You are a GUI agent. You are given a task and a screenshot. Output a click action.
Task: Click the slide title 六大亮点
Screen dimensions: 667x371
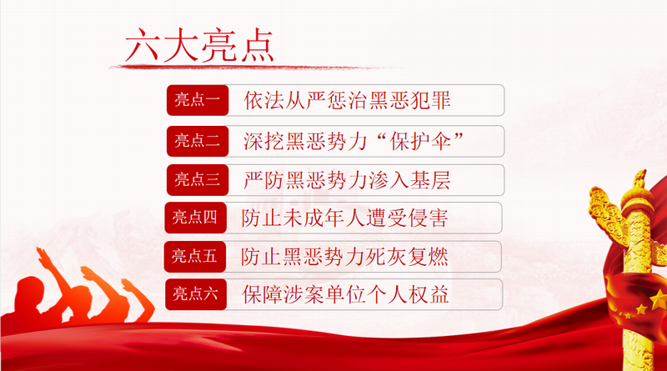[x=199, y=45]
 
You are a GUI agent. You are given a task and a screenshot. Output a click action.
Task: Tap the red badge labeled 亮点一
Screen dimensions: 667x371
[x=198, y=100]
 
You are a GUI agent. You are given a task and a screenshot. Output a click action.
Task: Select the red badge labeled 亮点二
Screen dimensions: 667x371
[x=198, y=141]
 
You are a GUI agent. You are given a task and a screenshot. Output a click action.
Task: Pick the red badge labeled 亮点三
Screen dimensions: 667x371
[x=198, y=180]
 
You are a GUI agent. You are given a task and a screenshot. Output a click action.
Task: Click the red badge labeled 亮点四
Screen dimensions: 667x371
[x=195, y=218]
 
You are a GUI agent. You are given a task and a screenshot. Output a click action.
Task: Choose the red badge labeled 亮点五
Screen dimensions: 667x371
[x=195, y=257]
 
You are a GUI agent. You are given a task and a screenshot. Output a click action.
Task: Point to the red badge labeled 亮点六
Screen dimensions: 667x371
[x=196, y=294]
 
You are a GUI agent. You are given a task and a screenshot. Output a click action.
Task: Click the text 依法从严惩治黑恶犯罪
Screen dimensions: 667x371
[x=347, y=100]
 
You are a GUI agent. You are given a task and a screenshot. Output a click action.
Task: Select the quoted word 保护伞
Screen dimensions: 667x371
[x=420, y=141]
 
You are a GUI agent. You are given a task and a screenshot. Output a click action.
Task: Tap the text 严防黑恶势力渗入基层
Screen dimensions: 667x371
[x=347, y=180]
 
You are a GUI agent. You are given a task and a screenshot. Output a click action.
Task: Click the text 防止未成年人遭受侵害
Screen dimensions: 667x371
[x=345, y=218]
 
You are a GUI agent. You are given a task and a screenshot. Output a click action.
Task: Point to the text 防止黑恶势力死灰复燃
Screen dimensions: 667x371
[x=344, y=257]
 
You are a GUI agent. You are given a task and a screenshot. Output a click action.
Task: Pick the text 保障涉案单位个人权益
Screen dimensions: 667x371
[x=345, y=294]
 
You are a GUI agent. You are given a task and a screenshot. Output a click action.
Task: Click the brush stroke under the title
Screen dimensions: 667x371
[x=255, y=67]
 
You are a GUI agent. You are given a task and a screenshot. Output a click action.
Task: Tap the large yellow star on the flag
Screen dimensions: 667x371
[x=659, y=300]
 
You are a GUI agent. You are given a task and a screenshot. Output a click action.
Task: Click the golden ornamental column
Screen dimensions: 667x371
[x=636, y=273]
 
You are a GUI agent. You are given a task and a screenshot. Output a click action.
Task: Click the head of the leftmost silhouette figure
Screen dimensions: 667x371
[x=31, y=290]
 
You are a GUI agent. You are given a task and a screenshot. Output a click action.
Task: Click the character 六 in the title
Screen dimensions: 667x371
[x=143, y=46]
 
